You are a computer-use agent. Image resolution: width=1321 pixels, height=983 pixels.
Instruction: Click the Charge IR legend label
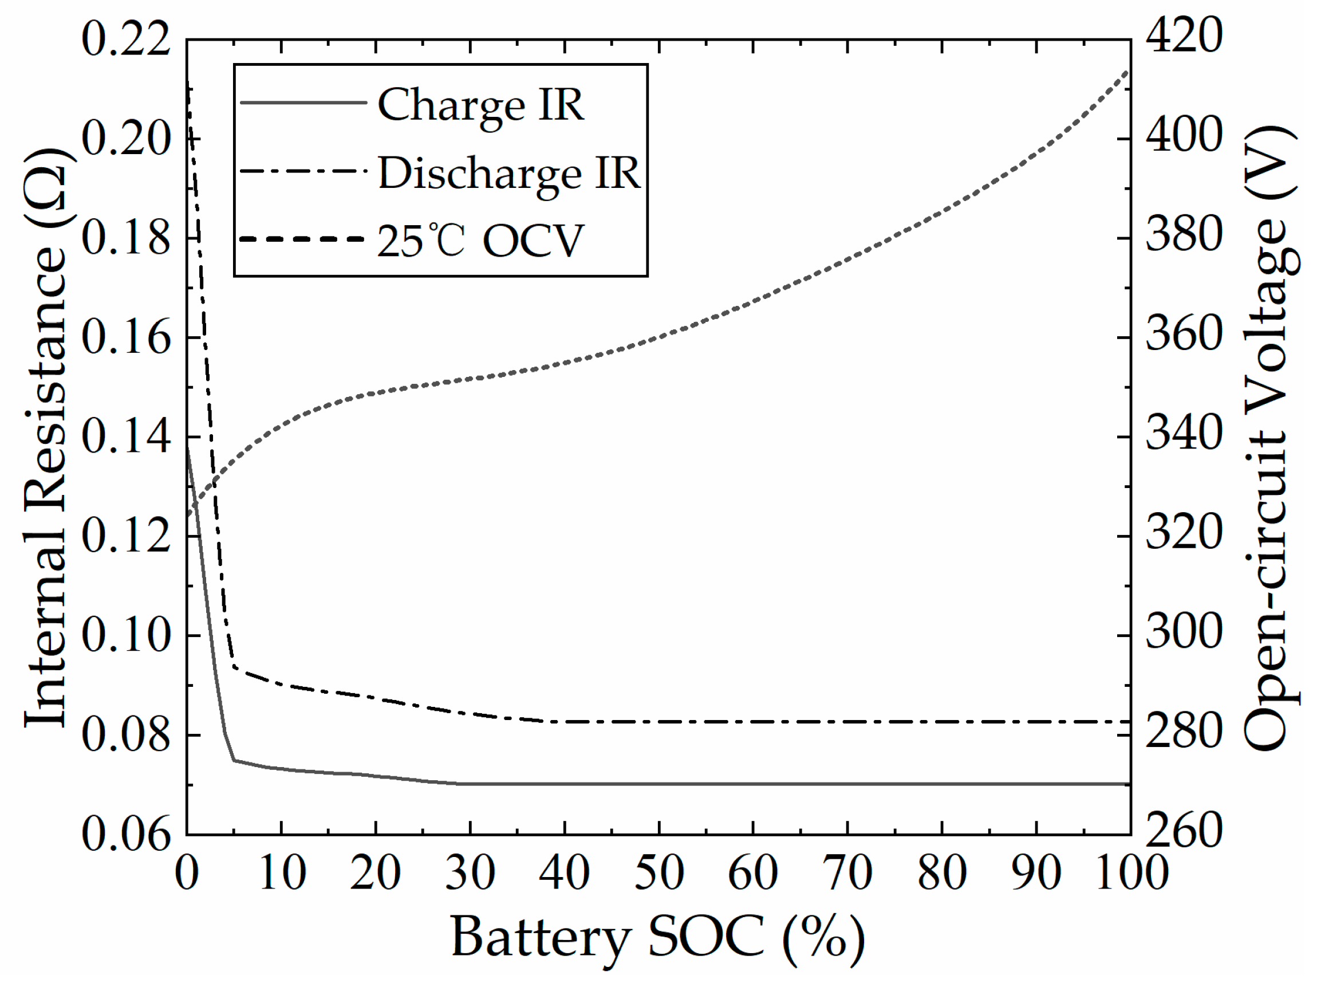coord(480,105)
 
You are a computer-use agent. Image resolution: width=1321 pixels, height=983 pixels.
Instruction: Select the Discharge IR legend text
coord(509,173)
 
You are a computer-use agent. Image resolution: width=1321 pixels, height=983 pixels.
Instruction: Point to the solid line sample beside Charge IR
coord(303,103)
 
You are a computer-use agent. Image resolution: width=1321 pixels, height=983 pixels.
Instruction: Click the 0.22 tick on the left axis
coord(125,40)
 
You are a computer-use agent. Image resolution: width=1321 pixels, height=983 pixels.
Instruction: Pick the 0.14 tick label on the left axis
coord(125,437)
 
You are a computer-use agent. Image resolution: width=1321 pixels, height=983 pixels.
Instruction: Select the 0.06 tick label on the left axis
coord(125,833)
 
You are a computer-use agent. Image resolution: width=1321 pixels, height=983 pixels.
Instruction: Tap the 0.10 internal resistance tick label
coord(125,635)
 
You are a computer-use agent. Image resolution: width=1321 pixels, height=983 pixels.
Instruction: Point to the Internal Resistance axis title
coord(46,437)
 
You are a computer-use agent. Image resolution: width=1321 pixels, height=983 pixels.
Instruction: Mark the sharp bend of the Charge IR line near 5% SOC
coord(234,760)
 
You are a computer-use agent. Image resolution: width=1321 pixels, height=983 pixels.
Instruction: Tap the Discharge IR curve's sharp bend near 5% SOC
coord(234,666)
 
